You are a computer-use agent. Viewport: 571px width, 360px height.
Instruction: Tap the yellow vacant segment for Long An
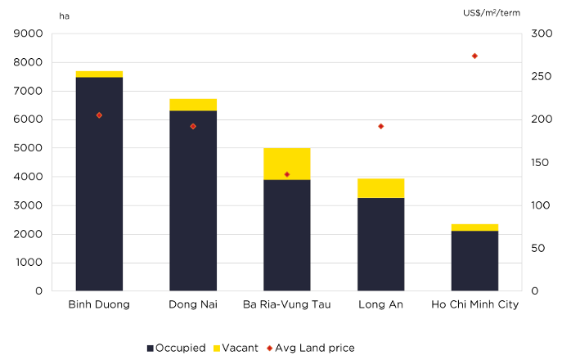(x=380, y=188)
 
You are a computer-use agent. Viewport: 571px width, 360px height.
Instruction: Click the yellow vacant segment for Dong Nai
(x=193, y=105)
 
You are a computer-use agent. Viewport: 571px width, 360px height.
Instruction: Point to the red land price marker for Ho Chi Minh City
(x=474, y=56)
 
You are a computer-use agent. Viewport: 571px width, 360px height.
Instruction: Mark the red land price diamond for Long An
(x=380, y=126)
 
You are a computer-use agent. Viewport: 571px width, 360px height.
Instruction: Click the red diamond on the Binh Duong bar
(x=99, y=115)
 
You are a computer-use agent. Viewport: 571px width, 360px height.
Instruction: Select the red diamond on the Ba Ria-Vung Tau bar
(x=286, y=174)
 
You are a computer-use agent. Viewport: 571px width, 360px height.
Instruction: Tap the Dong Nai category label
(x=193, y=304)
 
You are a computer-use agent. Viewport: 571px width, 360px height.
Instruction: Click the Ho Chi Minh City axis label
(x=474, y=304)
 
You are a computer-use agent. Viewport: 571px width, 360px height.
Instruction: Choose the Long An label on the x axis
(x=380, y=304)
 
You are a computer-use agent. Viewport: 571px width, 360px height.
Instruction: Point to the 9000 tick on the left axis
(x=29, y=34)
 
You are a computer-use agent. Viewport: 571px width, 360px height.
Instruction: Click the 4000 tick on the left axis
(x=29, y=177)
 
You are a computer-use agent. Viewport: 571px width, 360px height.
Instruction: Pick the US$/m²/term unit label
(x=492, y=13)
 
